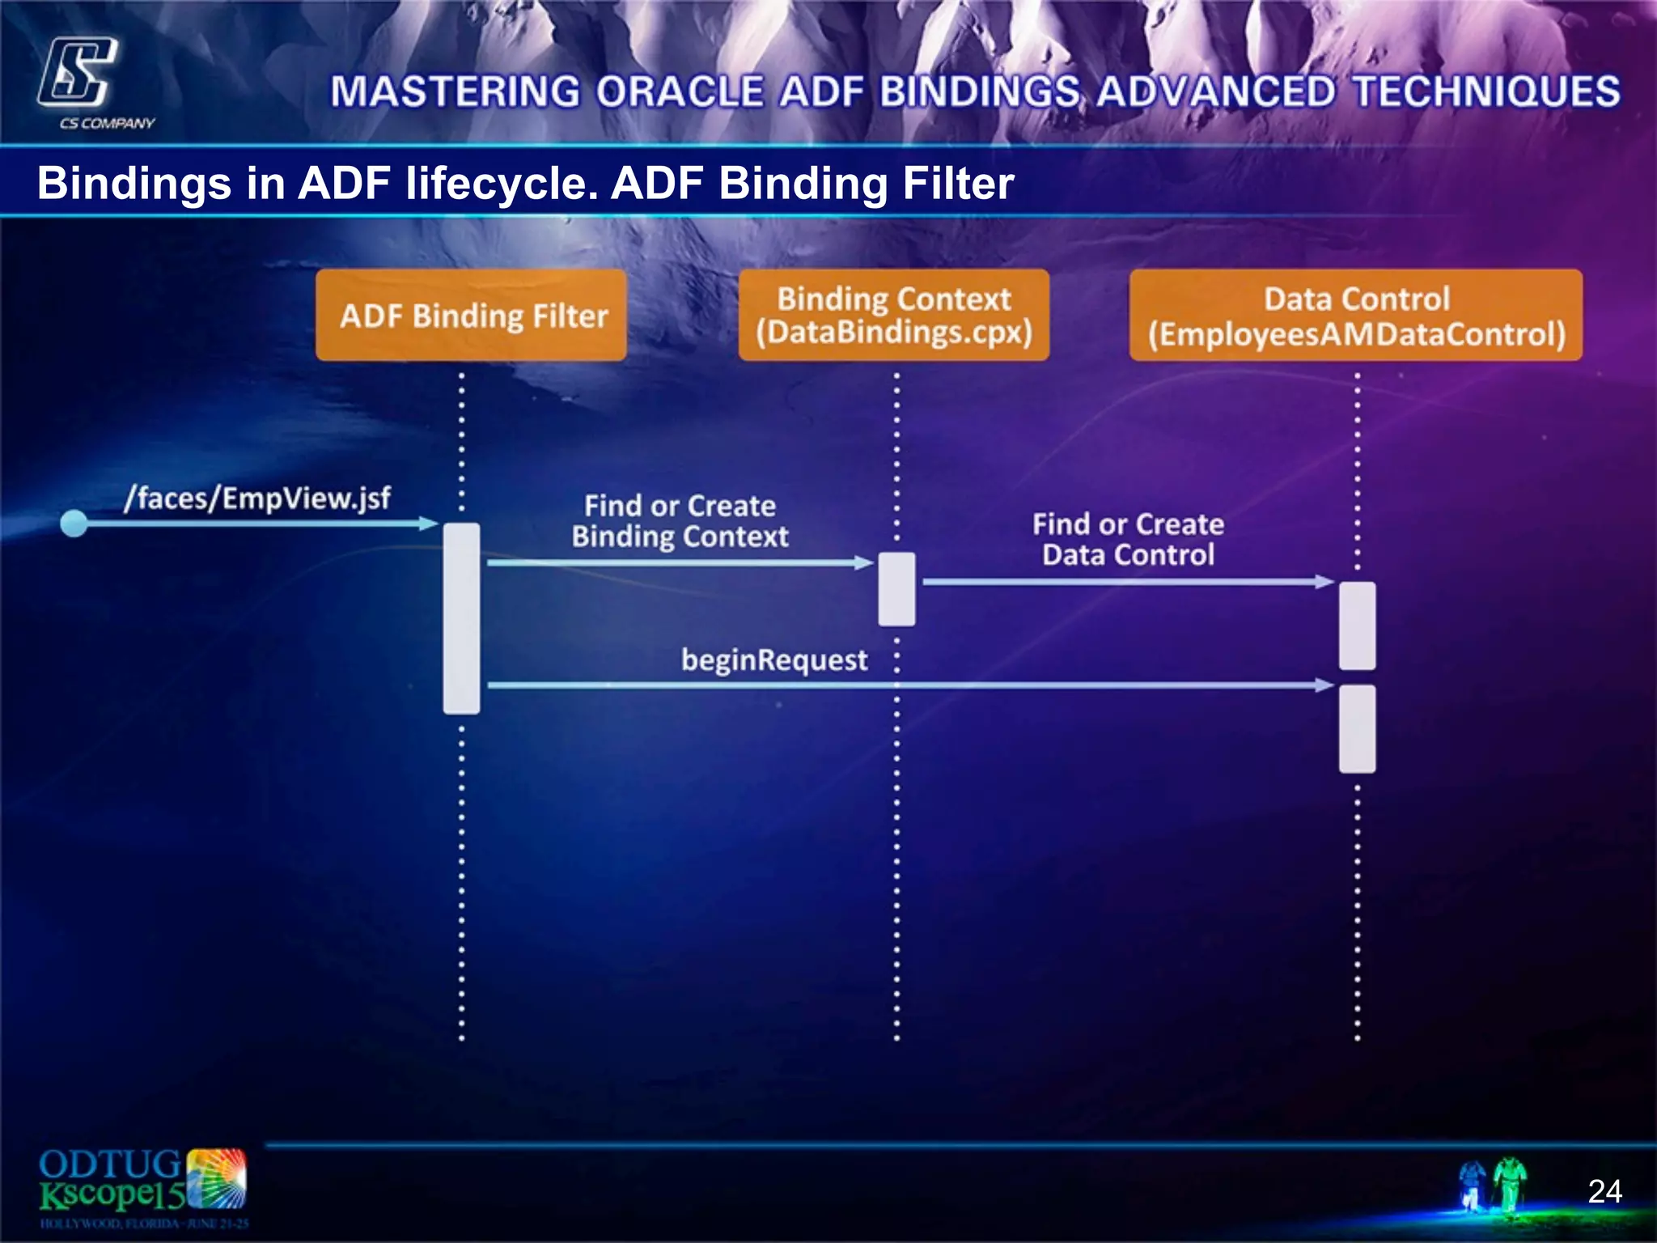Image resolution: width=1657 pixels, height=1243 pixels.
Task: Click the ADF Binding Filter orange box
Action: [x=471, y=316]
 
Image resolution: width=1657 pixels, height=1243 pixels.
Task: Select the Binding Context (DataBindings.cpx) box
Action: [x=893, y=316]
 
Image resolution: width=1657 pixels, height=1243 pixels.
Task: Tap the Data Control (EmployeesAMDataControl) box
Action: [x=1356, y=316]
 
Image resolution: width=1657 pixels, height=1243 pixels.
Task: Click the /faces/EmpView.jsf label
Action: [x=257, y=498]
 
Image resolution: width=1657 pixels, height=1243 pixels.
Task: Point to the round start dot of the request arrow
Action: [x=74, y=524]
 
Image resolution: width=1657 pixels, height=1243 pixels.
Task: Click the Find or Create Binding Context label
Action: [x=680, y=521]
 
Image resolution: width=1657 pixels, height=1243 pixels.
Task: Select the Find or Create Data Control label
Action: [x=1128, y=540]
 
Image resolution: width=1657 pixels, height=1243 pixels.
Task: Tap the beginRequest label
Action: [x=774, y=660]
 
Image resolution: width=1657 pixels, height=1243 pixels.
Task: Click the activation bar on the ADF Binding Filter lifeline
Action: [x=461, y=618]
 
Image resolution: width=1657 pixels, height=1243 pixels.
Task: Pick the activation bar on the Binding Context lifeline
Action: [x=896, y=589]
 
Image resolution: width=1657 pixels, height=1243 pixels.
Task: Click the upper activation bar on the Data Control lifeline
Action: [x=1357, y=626]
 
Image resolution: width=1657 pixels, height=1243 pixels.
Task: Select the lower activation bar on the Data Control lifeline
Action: [x=1357, y=728]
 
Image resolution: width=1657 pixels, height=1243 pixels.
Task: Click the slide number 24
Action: [x=1604, y=1191]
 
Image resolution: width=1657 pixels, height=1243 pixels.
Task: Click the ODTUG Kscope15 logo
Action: [x=142, y=1186]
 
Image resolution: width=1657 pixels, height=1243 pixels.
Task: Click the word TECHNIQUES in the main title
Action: [x=1486, y=91]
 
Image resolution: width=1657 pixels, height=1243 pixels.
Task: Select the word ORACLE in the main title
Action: [x=680, y=91]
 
